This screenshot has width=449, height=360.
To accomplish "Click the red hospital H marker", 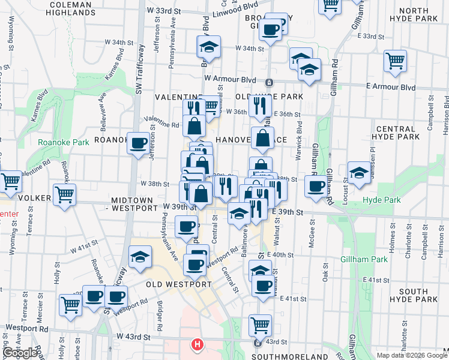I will click(197, 345).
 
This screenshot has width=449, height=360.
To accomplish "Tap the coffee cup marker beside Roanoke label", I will click(139, 143).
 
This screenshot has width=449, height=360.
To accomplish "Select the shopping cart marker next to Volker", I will click(64, 194).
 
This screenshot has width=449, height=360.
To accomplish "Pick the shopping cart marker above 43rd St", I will click(260, 325).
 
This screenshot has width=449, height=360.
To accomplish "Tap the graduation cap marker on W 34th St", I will click(209, 47).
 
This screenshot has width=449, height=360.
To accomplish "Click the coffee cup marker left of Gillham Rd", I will click(315, 186).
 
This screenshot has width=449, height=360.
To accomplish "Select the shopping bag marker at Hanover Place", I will click(262, 139).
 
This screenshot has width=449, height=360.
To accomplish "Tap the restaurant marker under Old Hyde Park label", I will click(260, 106).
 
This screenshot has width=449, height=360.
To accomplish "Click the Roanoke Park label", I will click(63, 142).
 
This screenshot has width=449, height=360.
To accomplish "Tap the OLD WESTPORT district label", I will click(178, 284).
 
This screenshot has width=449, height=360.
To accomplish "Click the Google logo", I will click(20, 353).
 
